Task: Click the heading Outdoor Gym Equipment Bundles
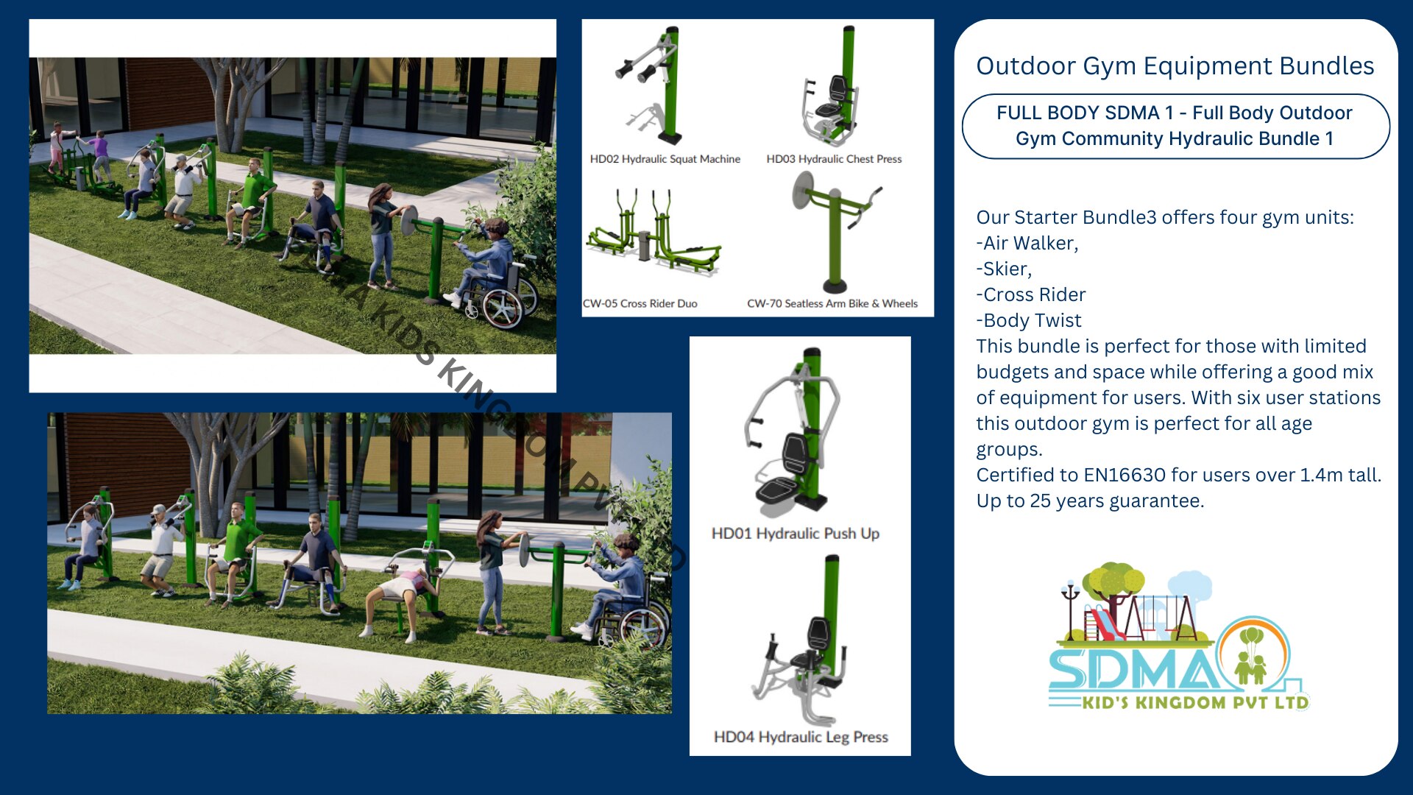(x=1175, y=66)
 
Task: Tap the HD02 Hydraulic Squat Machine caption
(x=665, y=159)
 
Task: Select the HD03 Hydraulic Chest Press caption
(x=834, y=159)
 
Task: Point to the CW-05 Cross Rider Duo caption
(x=640, y=303)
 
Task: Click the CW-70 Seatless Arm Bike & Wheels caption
(x=832, y=303)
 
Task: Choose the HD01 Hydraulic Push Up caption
(x=796, y=534)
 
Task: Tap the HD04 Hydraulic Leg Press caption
(x=801, y=737)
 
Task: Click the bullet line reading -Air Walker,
(x=1027, y=244)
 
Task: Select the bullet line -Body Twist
(x=1029, y=321)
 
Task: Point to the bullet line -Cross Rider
(x=1031, y=295)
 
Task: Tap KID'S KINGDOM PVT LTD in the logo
(x=1195, y=702)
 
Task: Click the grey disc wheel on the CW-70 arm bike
(x=802, y=191)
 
